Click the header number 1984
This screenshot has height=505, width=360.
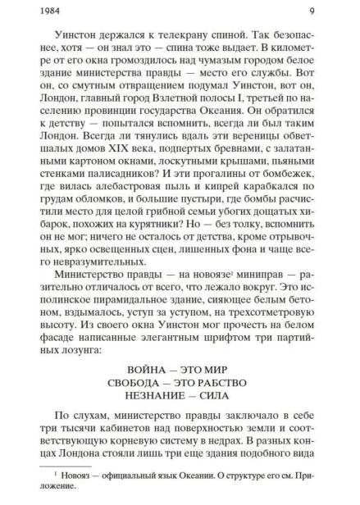coord(37,12)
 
